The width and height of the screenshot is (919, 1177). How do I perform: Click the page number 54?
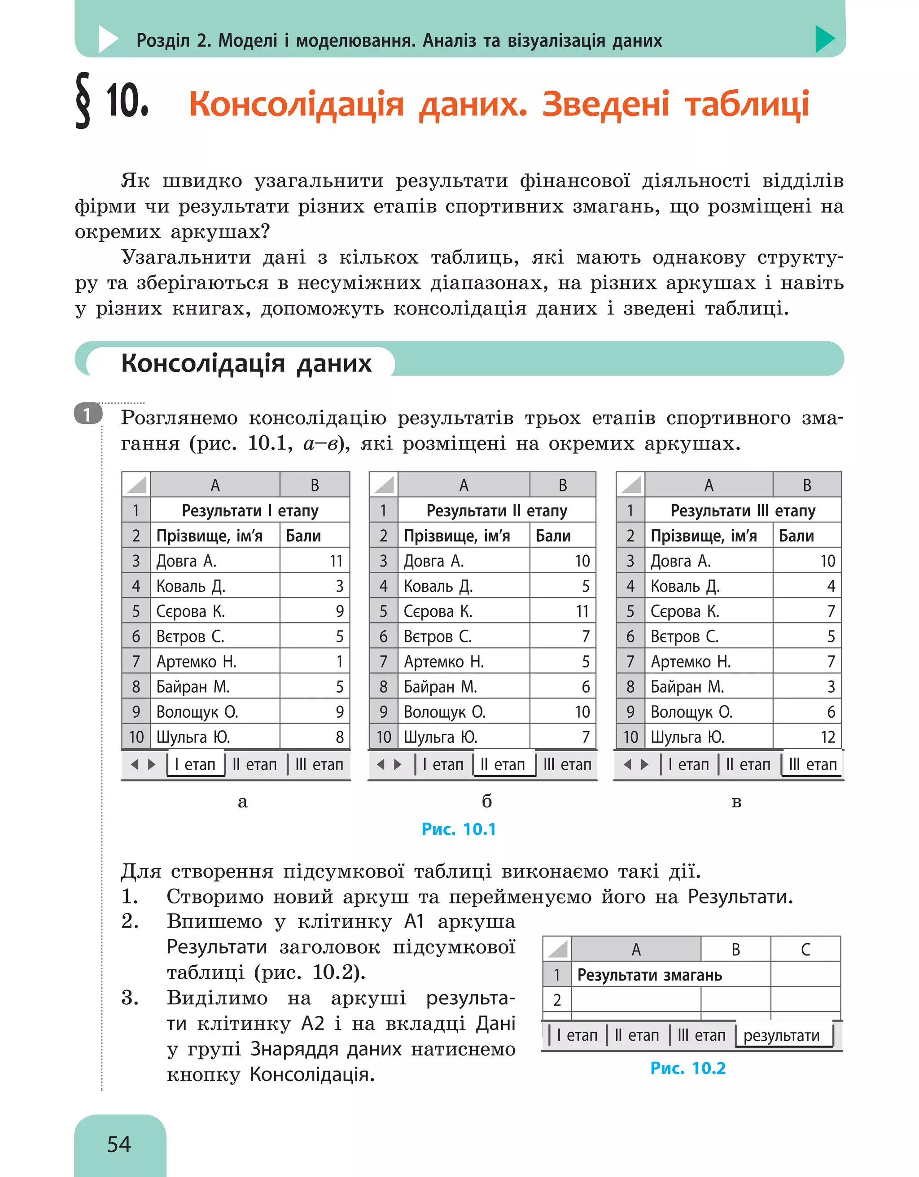[118, 1144]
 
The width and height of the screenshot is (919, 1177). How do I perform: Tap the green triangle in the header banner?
[824, 39]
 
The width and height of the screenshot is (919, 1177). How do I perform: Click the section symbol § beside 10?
[83, 101]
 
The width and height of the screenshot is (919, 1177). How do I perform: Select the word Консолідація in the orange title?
[296, 104]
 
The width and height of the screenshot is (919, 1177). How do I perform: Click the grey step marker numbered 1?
[88, 414]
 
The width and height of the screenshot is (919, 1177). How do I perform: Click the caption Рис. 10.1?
[458, 829]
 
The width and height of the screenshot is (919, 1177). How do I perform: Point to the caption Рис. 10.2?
[688, 1068]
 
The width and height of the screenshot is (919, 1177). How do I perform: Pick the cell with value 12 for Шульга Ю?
[827, 737]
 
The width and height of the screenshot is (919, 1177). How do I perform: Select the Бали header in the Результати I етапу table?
[303, 536]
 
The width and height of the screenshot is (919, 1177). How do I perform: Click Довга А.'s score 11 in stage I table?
[336, 561]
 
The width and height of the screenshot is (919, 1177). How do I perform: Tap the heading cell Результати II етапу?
[496, 510]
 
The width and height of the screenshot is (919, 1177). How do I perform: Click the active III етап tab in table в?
[812, 764]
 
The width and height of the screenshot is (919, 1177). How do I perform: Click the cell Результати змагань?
[649, 975]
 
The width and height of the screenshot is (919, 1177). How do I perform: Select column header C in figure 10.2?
[805, 950]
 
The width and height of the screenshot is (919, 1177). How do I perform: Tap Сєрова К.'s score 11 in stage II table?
[582, 611]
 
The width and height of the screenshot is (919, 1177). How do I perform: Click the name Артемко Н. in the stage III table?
[691, 661]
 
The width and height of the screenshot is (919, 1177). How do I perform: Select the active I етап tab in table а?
[195, 764]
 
